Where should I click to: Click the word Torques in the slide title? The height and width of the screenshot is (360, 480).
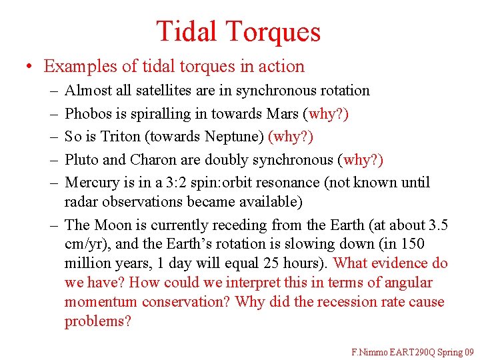273,31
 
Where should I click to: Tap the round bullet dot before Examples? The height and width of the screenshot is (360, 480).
29,67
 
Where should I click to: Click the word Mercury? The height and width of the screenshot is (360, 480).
91,182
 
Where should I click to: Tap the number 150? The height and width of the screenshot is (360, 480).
412,244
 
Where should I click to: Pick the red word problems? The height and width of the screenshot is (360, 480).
98,321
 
